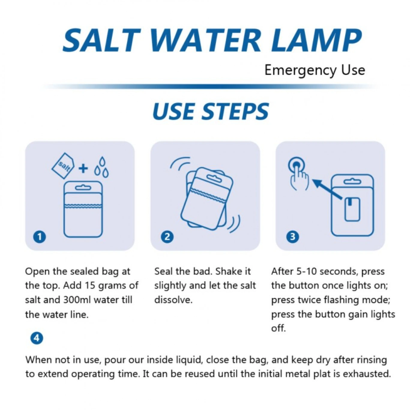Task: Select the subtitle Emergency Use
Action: (315, 70)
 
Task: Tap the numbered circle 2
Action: (167, 237)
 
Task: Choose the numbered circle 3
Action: (293, 237)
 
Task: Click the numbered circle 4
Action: (37, 338)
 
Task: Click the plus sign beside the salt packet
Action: (83, 169)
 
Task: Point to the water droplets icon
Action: (101, 167)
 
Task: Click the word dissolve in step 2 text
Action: (173, 300)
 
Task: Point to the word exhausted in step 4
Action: (367, 374)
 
